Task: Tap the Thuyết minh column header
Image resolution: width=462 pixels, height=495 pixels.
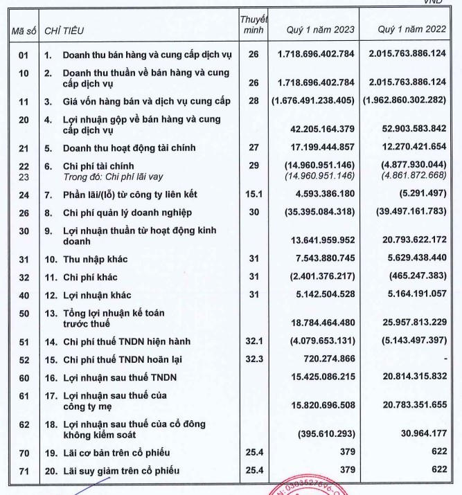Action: [254, 24]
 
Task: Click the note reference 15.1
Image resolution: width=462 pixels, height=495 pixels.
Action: [254, 195]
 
